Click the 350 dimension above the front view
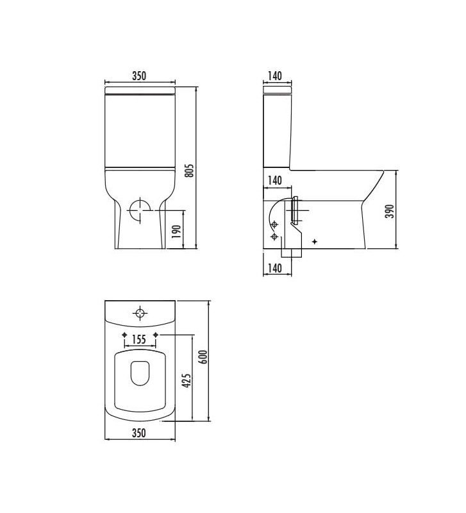139,76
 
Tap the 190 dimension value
177,230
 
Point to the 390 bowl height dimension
389,210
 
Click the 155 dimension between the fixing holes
139,339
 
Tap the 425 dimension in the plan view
187,383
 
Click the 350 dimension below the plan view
139,433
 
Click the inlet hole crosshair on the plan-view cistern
140,313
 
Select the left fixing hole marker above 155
122,335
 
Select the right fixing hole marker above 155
156,335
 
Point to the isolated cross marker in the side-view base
313,241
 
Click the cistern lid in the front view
139,95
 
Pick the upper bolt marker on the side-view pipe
274,224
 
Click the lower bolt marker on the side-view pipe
274,237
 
